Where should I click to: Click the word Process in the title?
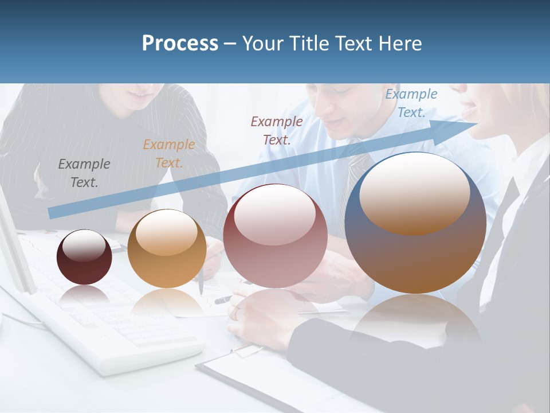point(180,44)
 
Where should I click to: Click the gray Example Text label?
point(84,173)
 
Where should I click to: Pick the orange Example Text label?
point(169,154)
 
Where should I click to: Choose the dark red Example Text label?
point(277,130)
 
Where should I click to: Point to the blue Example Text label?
point(411,103)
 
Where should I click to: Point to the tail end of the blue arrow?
point(50,213)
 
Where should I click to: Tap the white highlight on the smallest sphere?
point(84,246)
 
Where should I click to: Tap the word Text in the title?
point(352,44)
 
